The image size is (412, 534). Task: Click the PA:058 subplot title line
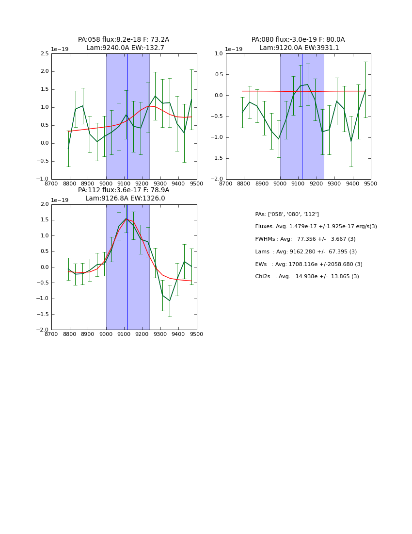pos(124,40)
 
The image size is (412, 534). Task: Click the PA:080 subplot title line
pos(298,40)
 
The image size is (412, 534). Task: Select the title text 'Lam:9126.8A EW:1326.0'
pos(125,198)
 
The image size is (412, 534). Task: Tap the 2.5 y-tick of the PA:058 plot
pos(44,53)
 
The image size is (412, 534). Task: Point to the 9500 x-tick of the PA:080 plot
pos(371,184)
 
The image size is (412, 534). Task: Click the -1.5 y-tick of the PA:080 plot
pos(217,158)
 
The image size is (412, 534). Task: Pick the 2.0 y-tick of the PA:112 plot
pos(44,204)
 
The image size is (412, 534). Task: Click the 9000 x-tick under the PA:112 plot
pos(106,334)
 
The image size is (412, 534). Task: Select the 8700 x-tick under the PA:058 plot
pos(52,184)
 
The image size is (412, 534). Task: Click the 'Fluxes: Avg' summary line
pos(316,227)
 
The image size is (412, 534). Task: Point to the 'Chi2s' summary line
pos(307,277)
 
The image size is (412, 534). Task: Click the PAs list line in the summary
pos(287,214)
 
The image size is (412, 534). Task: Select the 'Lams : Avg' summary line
pos(306,252)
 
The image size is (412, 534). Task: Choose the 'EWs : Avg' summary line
pos(309,264)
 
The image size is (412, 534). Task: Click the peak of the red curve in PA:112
pos(127,219)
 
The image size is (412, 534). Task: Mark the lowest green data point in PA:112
pos(170,300)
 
